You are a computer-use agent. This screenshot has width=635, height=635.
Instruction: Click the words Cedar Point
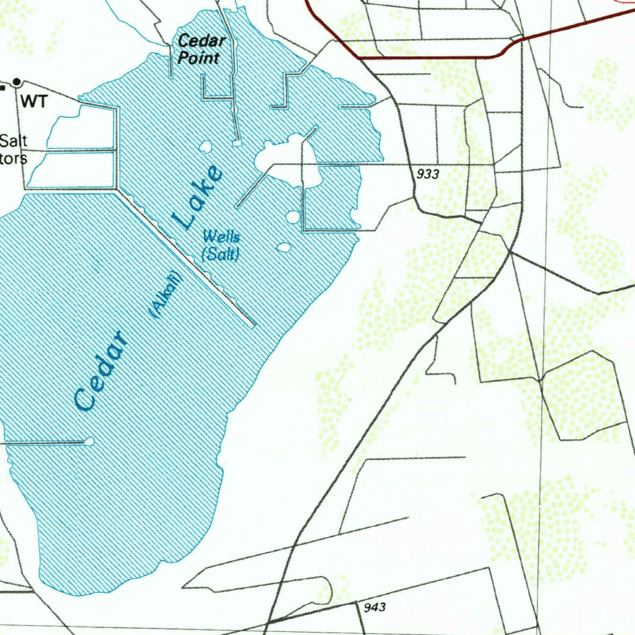tap(201, 50)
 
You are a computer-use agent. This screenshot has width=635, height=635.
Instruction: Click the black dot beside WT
tap(17, 81)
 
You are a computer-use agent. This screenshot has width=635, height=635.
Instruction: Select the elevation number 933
tap(428, 174)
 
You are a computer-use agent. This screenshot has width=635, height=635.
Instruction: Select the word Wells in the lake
tap(221, 236)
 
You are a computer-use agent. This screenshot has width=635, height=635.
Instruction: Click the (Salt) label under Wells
tap(220, 254)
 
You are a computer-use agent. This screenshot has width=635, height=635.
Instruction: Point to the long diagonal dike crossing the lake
tap(186, 257)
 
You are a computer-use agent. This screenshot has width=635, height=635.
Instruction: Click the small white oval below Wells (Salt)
tap(283, 247)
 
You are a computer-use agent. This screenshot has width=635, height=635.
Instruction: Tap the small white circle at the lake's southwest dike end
tap(89, 442)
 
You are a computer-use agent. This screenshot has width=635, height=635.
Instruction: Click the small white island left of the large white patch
tap(205, 147)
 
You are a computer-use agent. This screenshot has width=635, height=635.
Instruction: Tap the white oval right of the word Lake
tap(291, 217)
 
